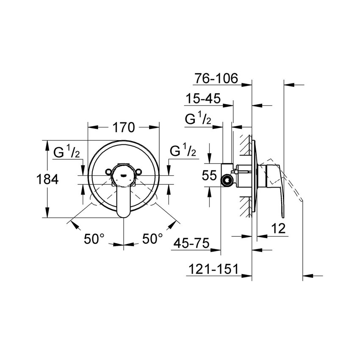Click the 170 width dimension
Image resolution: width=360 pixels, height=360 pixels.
[x=123, y=127]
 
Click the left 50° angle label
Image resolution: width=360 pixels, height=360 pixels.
[x=94, y=239]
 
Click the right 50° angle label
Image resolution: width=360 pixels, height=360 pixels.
[x=152, y=239]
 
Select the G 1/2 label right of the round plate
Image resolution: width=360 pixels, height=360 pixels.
[x=183, y=151]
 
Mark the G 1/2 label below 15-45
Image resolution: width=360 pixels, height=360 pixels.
[x=198, y=119]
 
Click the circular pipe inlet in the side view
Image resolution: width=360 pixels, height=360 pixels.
[x=228, y=180]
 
